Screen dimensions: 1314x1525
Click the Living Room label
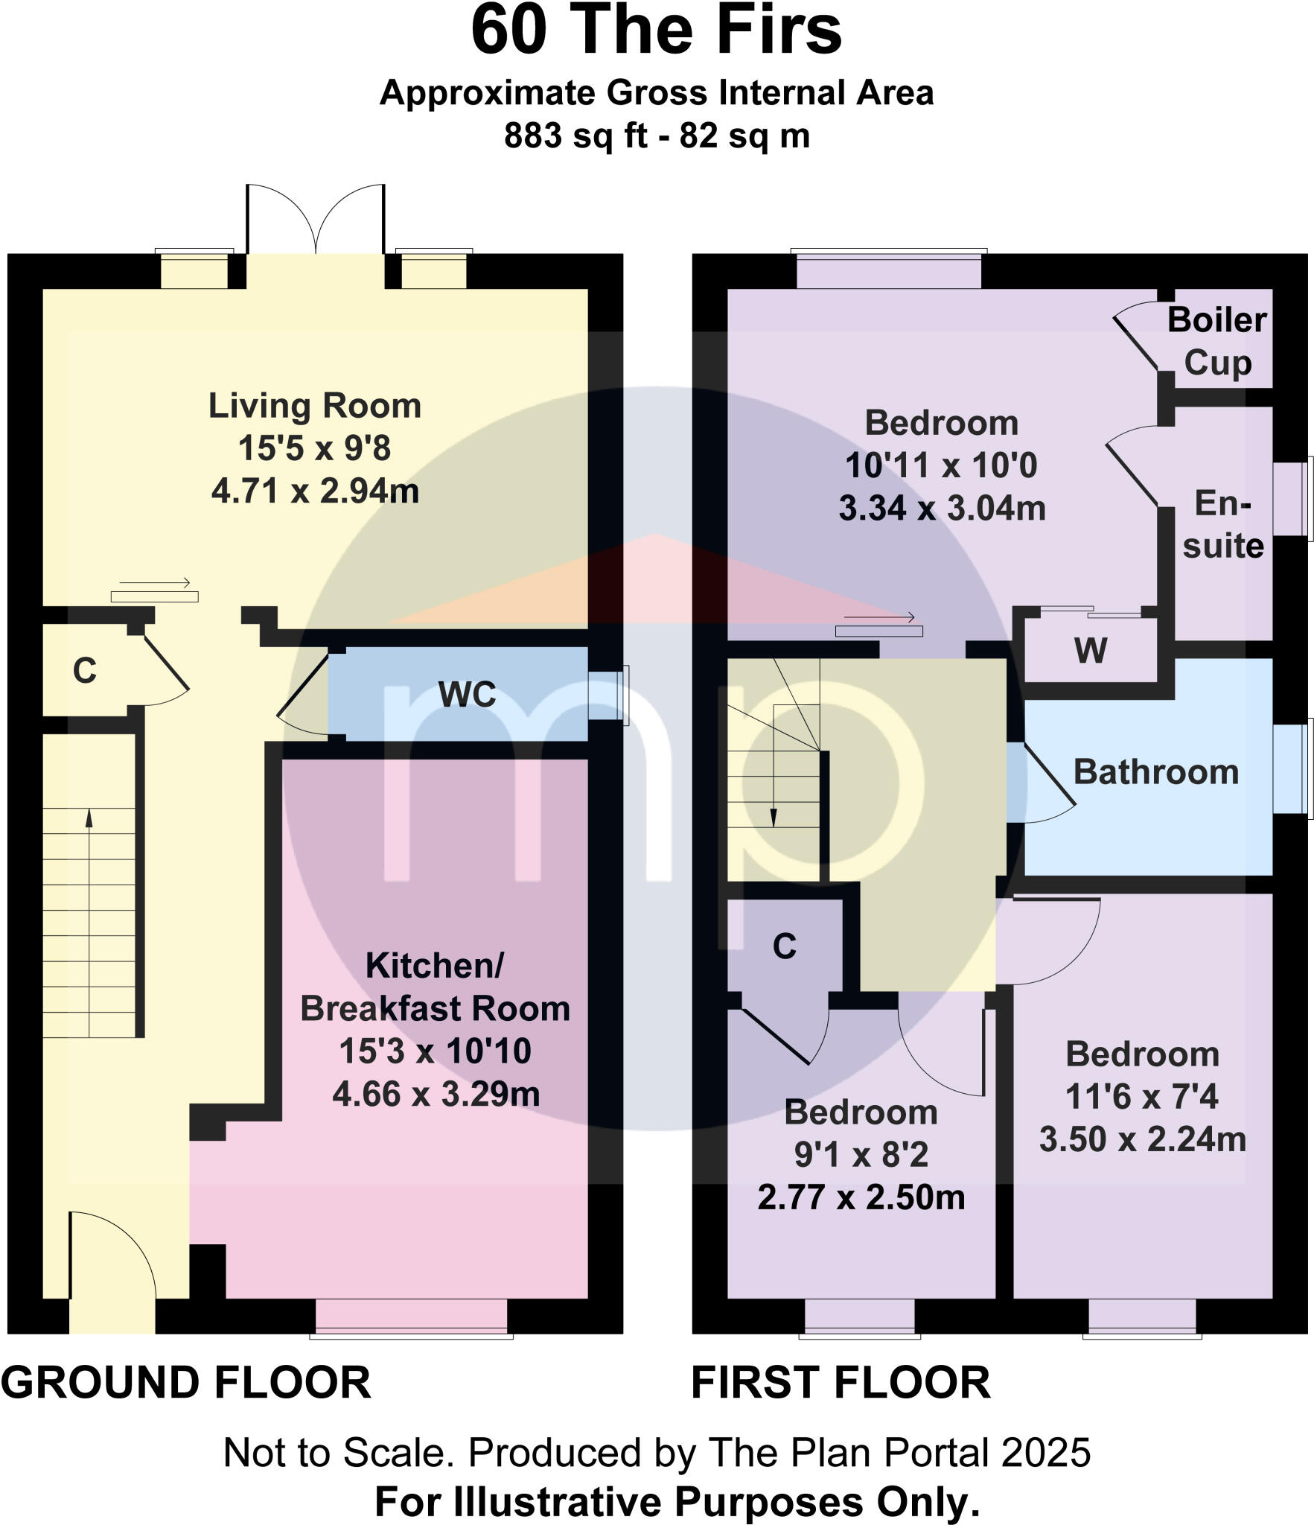point(315,407)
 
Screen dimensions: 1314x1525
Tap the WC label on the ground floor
point(467,695)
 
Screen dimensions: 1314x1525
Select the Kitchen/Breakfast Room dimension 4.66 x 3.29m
point(436,1094)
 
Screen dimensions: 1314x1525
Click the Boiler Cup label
point(1217,341)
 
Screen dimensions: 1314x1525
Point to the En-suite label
point(1223,525)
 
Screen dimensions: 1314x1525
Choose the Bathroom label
point(1156,772)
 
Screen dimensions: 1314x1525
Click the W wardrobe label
point(1091,651)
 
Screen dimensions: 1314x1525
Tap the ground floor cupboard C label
point(85,671)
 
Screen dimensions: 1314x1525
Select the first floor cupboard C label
point(785,946)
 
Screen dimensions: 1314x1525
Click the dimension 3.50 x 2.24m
point(1143,1140)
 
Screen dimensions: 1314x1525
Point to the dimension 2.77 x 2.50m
point(861,1198)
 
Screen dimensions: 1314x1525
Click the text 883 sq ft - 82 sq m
point(657,136)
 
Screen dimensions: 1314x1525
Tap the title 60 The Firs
point(657,31)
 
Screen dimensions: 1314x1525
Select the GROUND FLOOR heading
point(186,1383)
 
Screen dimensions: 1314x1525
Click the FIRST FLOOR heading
point(841,1383)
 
